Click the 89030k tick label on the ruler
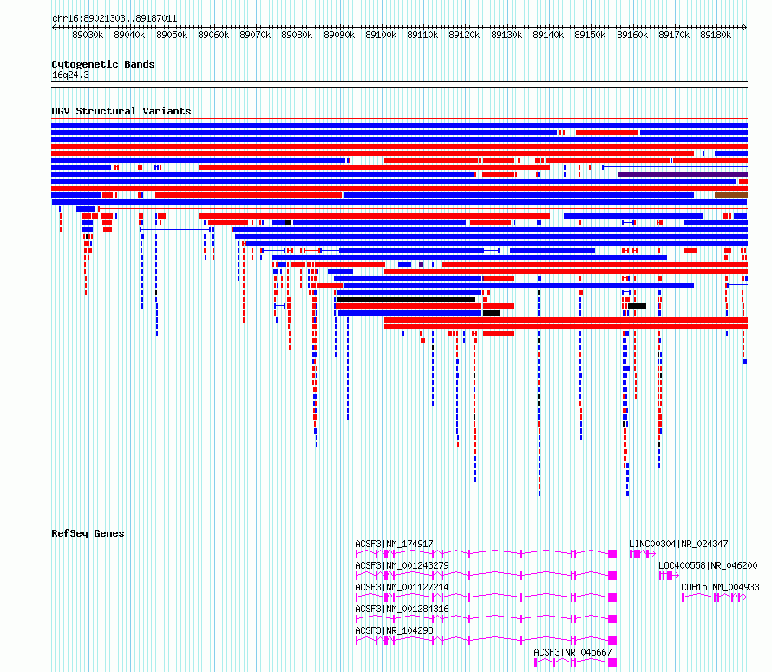pyautogui.click(x=88, y=35)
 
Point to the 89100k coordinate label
pyautogui.click(x=381, y=35)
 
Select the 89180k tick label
pyautogui.click(x=716, y=35)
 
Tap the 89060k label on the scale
pyautogui.click(x=213, y=35)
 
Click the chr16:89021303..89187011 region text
pyautogui.click(x=114, y=19)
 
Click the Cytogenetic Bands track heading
pyautogui.click(x=103, y=64)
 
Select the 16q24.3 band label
pyautogui.click(x=70, y=75)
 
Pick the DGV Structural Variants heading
pyautogui.click(x=121, y=111)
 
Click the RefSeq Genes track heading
pyautogui.click(x=88, y=533)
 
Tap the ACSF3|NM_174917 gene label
pyautogui.click(x=394, y=544)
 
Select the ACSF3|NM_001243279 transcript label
pyautogui.click(x=402, y=565)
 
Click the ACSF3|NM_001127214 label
pyautogui.click(x=402, y=587)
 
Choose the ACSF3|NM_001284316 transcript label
pyautogui.click(x=402, y=609)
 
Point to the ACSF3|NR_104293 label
pyautogui.click(x=394, y=630)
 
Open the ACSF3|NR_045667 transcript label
pyautogui.click(x=572, y=652)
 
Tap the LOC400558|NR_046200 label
pyautogui.click(x=708, y=565)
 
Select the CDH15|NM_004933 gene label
pyautogui.click(x=720, y=587)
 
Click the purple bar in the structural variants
pyautogui.click(x=683, y=174)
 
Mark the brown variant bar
pyautogui.click(x=731, y=195)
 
